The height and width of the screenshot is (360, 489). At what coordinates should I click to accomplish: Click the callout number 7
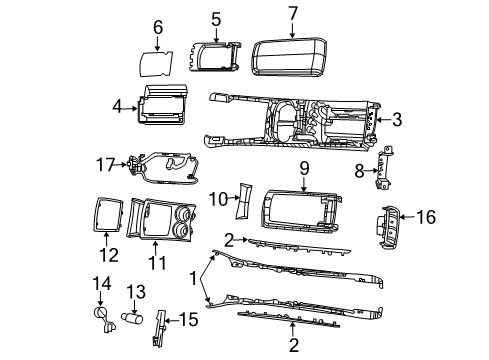click(292, 13)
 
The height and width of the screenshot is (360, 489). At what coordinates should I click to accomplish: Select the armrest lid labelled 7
click(293, 55)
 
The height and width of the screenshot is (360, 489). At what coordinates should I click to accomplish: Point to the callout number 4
click(117, 104)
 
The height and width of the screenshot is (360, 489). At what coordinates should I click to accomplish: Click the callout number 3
click(397, 121)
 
